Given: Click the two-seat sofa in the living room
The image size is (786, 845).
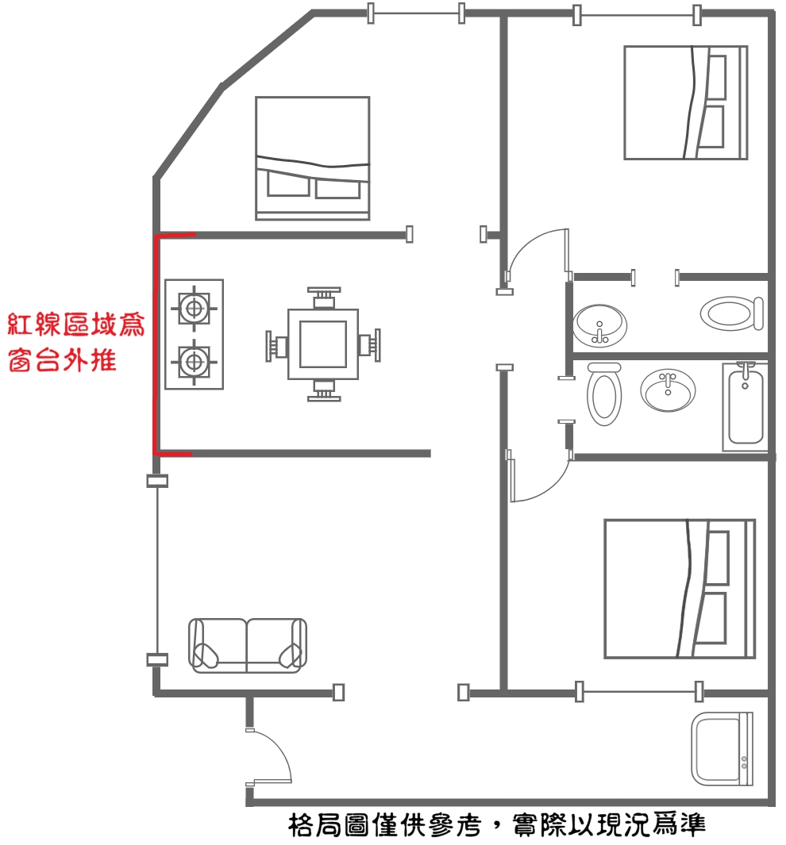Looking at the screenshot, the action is pos(248,646).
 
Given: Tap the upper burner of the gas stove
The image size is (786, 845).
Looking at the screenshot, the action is pos(194,309).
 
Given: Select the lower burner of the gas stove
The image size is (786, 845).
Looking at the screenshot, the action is pos(194,362).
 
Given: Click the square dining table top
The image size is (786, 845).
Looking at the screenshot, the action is pos(323,344).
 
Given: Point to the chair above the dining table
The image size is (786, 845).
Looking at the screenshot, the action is pos(324,298).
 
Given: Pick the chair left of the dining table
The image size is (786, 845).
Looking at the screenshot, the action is pos(276,345).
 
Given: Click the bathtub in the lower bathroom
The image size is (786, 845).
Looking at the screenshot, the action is pos(745,407).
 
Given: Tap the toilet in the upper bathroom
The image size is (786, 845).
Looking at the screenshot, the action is pos(732,313).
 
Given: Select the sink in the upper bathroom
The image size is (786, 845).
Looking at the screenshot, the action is pos(599,325).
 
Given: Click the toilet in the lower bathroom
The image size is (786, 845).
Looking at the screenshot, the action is pos(603,394).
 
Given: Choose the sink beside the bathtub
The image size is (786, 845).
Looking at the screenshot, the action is pos(668,390).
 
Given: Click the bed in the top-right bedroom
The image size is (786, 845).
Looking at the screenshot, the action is pos(686,102).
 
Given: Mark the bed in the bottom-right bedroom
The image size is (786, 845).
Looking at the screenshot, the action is pos(680,589).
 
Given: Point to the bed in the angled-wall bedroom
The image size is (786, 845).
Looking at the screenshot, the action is pos(313,159).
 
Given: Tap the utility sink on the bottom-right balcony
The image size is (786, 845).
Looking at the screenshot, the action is pos(722,748).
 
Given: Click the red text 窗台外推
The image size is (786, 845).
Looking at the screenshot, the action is pos(63,360).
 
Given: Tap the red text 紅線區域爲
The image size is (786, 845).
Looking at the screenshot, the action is pos(76,325).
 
